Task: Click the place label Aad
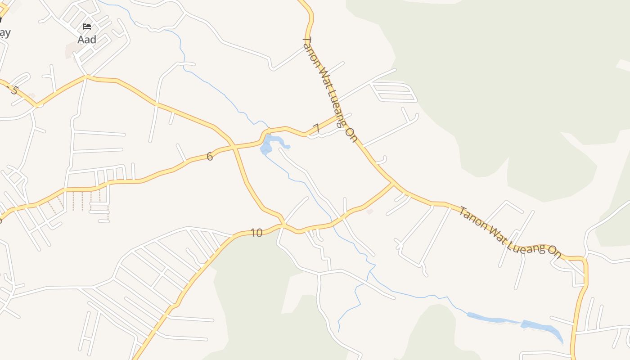tap(87, 40)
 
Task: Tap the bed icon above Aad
tap(87, 27)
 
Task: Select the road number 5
tap(14, 90)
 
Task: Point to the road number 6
tap(210, 157)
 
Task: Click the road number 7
tap(316, 128)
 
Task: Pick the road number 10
tap(256, 233)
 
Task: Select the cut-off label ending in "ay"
tap(4, 33)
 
